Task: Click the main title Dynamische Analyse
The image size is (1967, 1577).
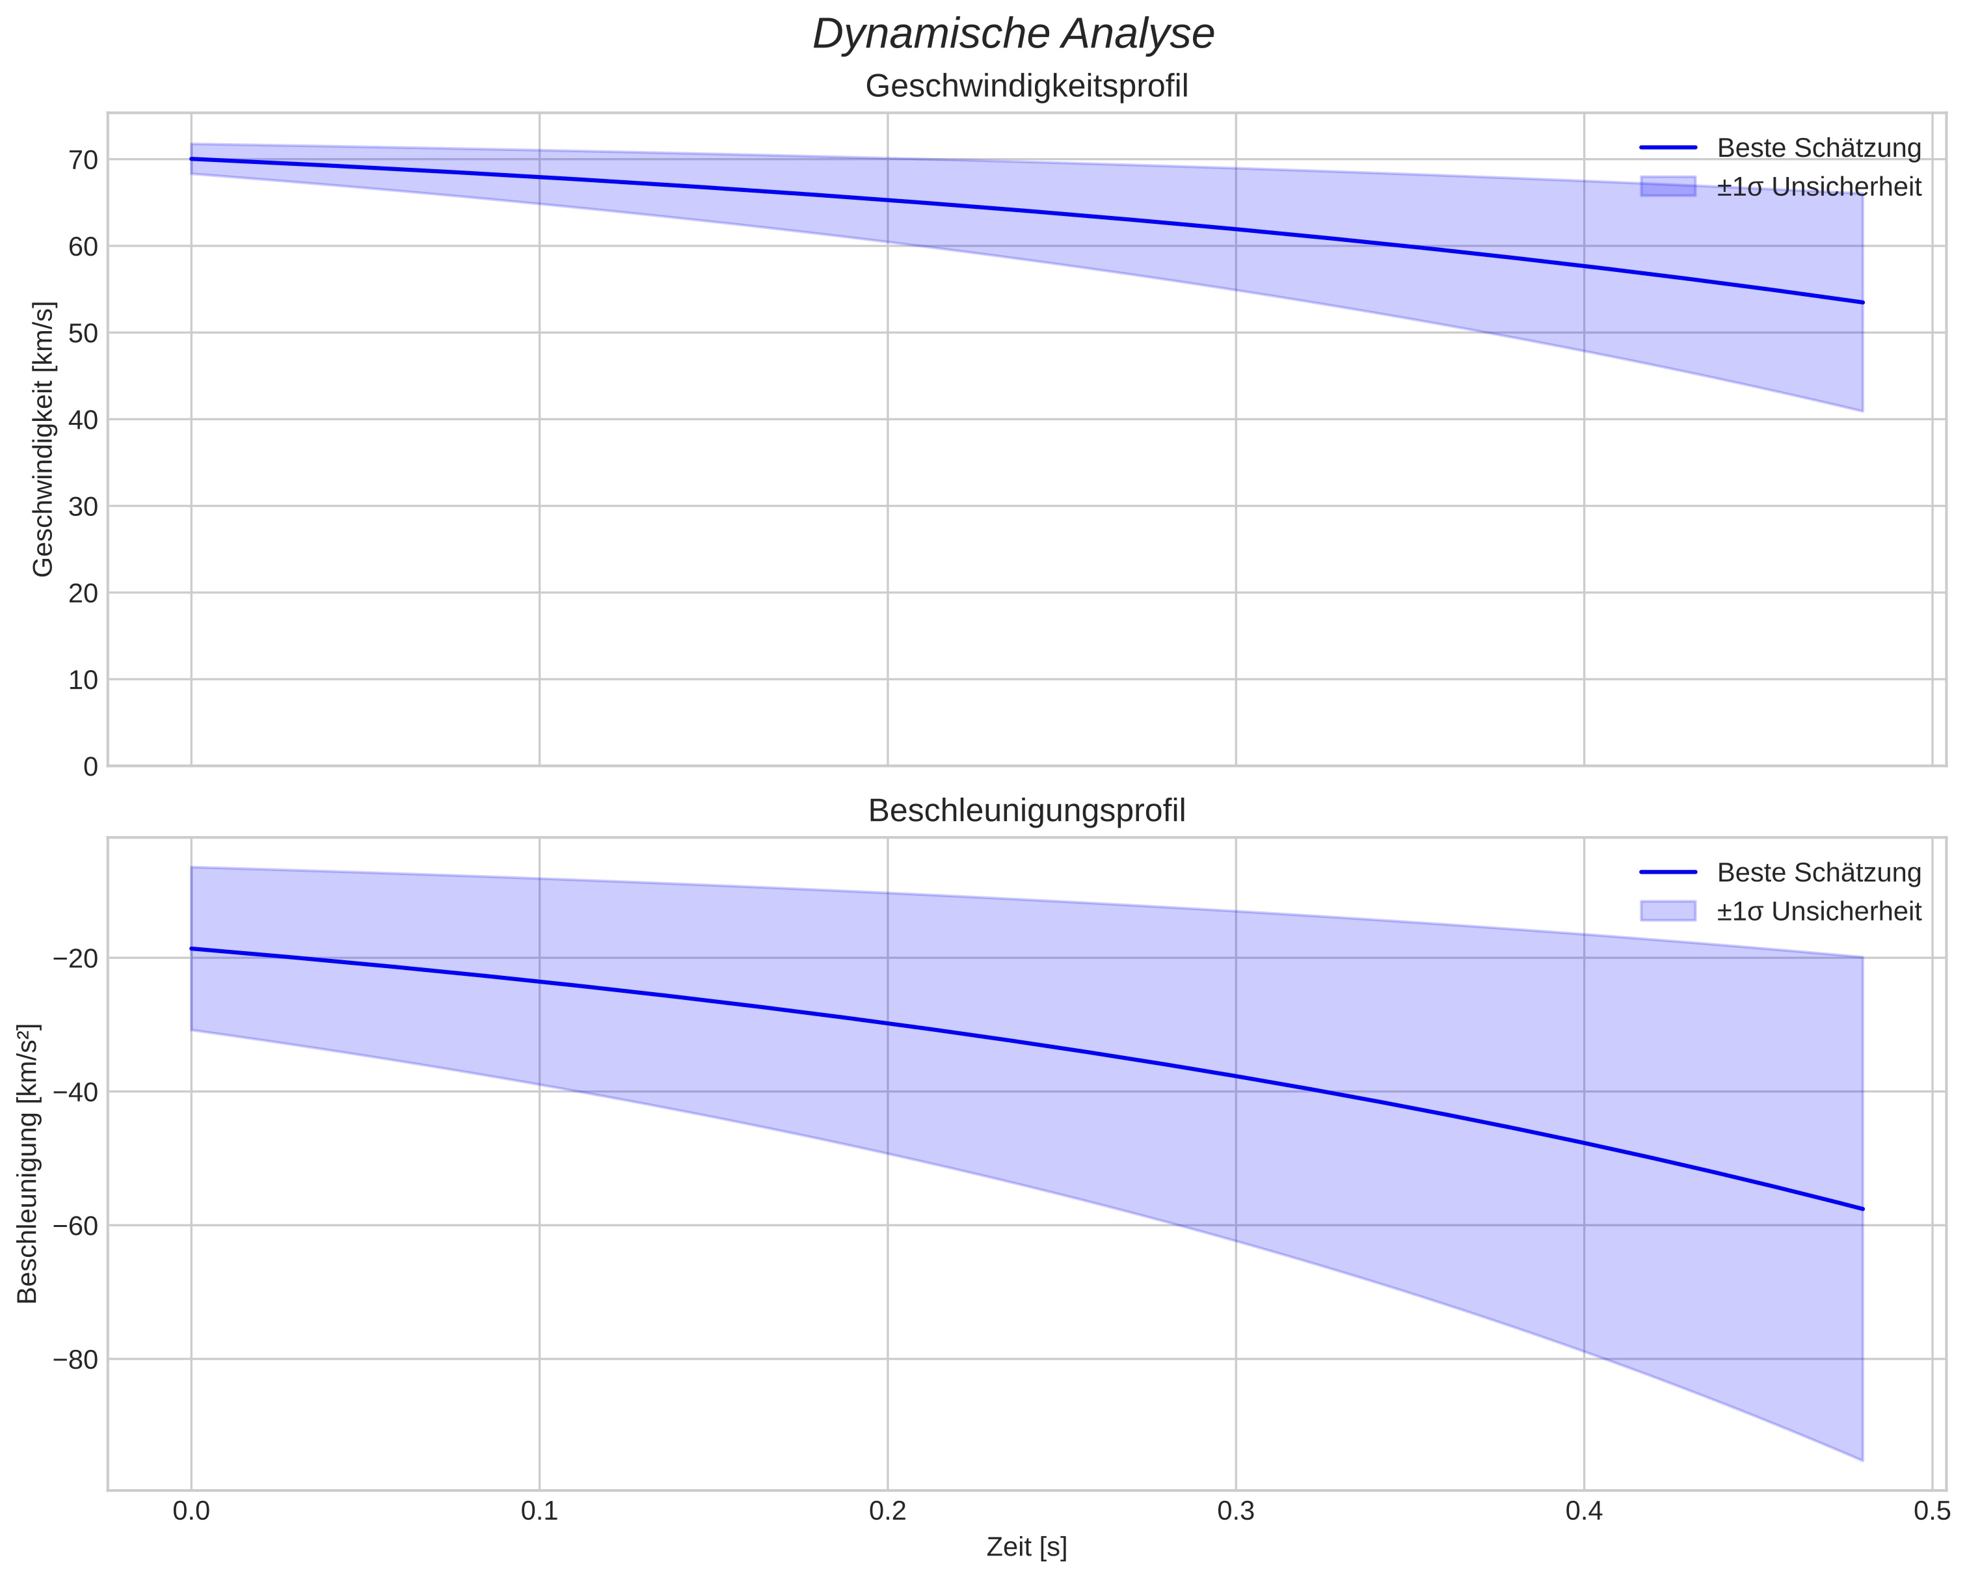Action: pyautogui.click(x=1013, y=34)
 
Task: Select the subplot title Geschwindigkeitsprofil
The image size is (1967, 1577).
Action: pyautogui.click(x=1026, y=87)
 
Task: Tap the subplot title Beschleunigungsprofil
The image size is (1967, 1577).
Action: pyautogui.click(x=1026, y=811)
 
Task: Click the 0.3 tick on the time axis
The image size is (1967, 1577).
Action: pyautogui.click(x=1235, y=1511)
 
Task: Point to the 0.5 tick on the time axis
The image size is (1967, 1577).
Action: pyautogui.click(x=1931, y=1511)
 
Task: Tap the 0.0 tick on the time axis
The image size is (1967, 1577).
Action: pyautogui.click(x=191, y=1511)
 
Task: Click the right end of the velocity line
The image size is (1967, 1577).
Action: pyautogui.click(x=1862, y=302)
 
